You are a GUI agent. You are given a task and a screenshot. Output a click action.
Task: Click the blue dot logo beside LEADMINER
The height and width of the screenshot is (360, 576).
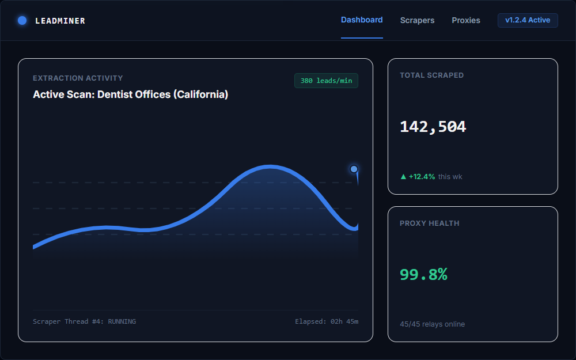tap(22, 21)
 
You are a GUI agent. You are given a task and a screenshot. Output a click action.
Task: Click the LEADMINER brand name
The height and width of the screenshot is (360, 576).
tap(60, 21)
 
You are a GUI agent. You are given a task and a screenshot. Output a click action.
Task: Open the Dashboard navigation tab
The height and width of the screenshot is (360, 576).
tap(362, 20)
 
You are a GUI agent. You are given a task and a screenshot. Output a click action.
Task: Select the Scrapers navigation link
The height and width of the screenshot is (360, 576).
tap(417, 20)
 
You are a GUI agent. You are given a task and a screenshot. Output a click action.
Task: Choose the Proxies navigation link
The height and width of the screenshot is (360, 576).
tap(466, 20)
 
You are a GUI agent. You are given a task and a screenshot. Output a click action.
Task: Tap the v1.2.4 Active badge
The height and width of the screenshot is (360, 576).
tap(528, 20)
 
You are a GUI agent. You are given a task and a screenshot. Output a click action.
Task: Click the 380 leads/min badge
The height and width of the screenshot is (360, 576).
tap(326, 81)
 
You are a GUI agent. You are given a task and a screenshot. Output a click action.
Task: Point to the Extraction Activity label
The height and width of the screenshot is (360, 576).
tap(78, 78)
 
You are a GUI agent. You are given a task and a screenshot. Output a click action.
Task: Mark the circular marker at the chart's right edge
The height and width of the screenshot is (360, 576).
tap(354, 169)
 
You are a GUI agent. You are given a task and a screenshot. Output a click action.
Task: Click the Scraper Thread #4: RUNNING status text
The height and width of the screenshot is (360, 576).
tap(85, 321)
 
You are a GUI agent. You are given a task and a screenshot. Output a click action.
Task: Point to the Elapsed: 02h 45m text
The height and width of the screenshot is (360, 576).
tap(327, 321)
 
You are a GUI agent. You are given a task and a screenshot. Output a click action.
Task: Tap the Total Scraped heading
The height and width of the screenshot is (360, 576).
tap(431, 75)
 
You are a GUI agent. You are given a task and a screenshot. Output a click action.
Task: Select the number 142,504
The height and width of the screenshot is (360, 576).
tap(433, 127)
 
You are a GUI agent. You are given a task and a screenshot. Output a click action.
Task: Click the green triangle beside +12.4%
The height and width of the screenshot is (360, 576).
tap(403, 177)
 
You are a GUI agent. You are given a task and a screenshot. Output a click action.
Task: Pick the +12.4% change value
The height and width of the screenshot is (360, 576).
tap(422, 177)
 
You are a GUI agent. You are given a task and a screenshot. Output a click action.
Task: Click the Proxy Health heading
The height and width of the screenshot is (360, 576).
tap(430, 223)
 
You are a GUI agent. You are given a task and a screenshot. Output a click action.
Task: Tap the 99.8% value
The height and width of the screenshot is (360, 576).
tap(423, 274)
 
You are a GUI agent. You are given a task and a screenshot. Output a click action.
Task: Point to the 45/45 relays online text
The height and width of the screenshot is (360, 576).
tap(433, 324)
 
